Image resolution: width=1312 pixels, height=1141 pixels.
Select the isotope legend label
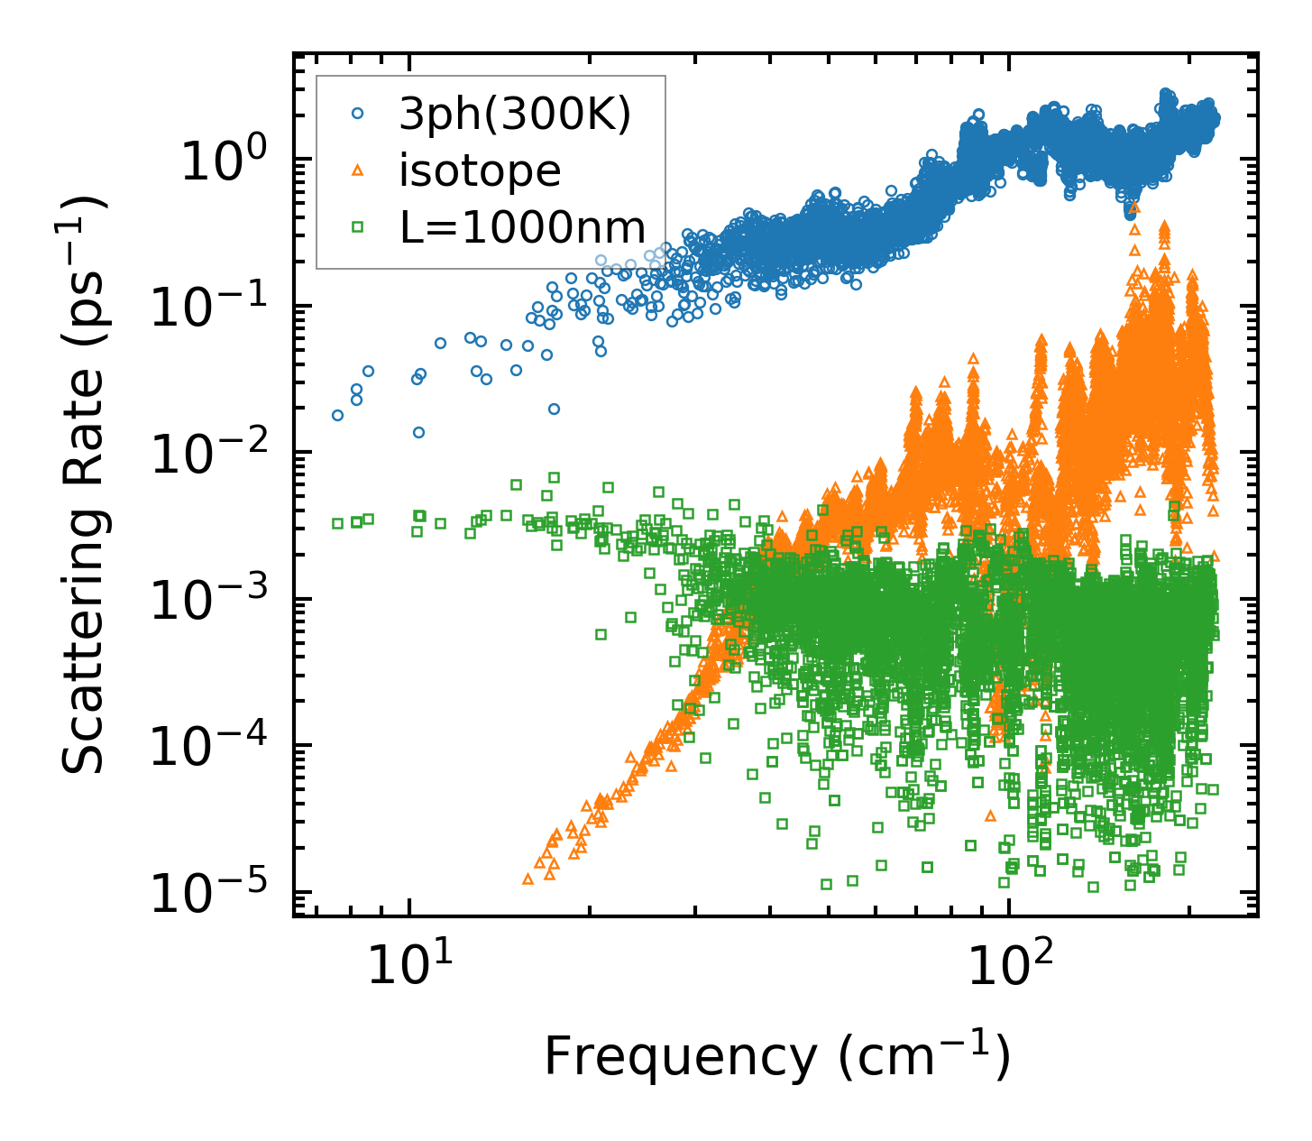coord(480,170)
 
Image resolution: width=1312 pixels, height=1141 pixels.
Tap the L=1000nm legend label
coord(523,227)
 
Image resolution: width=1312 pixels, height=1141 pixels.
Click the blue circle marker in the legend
coord(358,115)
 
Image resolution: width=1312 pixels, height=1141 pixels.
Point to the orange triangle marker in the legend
coord(358,170)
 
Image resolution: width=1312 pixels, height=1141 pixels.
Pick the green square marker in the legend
coord(358,227)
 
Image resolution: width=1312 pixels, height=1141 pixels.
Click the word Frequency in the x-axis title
coord(679,1056)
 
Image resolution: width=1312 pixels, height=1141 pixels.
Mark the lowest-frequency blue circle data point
coord(337,416)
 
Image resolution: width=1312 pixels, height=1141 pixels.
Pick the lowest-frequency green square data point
coord(337,523)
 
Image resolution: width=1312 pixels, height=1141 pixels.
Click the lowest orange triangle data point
coord(528,879)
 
